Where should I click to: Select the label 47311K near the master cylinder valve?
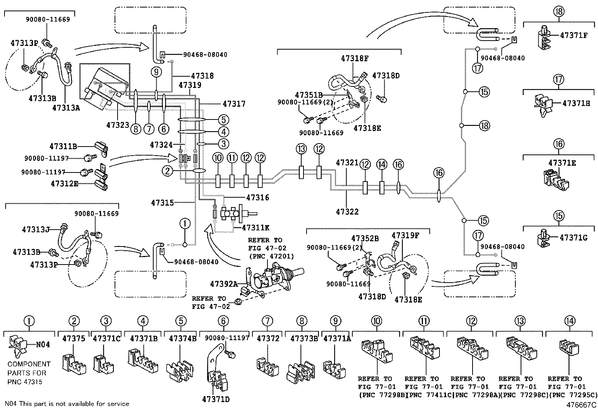click(x=255, y=228)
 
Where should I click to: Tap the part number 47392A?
click(x=224, y=284)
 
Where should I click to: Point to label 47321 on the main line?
click(x=347, y=163)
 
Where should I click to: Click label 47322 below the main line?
click(x=347, y=212)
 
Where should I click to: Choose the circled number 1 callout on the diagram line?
click(x=185, y=224)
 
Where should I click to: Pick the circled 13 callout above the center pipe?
click(x=301, y=149)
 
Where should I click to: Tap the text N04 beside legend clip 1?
click(x=42, y=344)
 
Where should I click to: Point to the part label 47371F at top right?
click(x=573, y=35)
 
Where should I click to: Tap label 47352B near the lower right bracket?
click(x=365, y=238)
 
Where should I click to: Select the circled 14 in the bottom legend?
click(x=569, y=321)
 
